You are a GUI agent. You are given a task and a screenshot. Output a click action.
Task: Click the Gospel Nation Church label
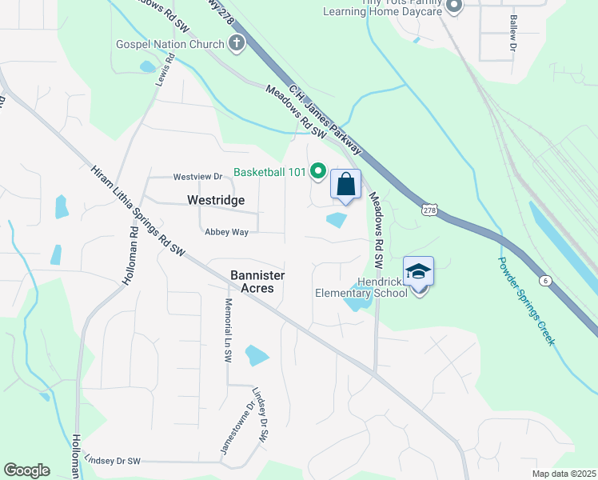click(x=169, y=44)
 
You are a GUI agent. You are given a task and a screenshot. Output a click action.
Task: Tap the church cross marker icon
click(x=237, y=44)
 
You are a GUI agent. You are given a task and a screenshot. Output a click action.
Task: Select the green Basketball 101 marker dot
click(x=317, y=170)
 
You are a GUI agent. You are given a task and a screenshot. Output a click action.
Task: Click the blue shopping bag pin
click(x=345, y=185)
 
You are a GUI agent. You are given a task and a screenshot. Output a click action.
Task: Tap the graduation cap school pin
click(x=418, y=272)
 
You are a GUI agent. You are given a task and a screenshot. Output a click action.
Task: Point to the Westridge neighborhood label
click(x=215, y=200)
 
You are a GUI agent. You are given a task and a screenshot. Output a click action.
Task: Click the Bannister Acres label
click(x=257, y=281)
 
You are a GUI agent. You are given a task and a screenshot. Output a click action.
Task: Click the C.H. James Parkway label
click(x=325, y=120)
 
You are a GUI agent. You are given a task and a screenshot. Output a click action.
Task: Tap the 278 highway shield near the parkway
click(x=429, y=209)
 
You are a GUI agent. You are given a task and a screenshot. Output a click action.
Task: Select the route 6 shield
click(x=544, y=280)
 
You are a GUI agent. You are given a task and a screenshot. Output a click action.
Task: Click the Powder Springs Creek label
click(x=526, y=300)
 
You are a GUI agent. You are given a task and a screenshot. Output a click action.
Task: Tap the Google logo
click(x=26, y=470)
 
